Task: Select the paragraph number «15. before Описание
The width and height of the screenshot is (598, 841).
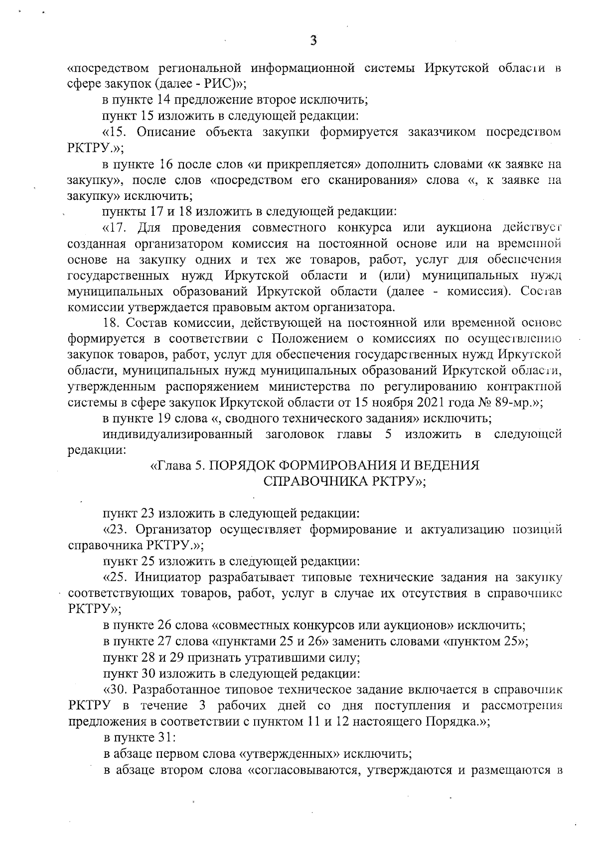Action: (x=117, y=132)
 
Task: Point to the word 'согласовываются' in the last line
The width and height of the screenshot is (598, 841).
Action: (x=302, y=770)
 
